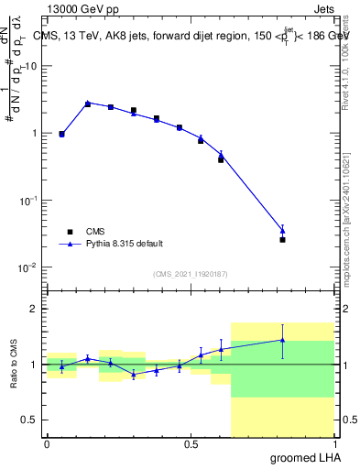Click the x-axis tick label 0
pyautogui.click(x=47, y=444)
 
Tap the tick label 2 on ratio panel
pyautogui.click(x=37, y=310)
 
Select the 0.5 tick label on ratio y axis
pyautogui.click(x=32, y=420)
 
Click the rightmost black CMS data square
pyautogui.click(x=282, y=240)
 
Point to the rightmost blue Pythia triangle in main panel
pyautogui.click(x=282, y=231)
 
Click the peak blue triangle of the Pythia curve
pyautogui.click(x=88, y=104)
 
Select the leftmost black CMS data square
pyautogui.click(x=61, y=135)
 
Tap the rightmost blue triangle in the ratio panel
pyautogui.click(x=282, y=340)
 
